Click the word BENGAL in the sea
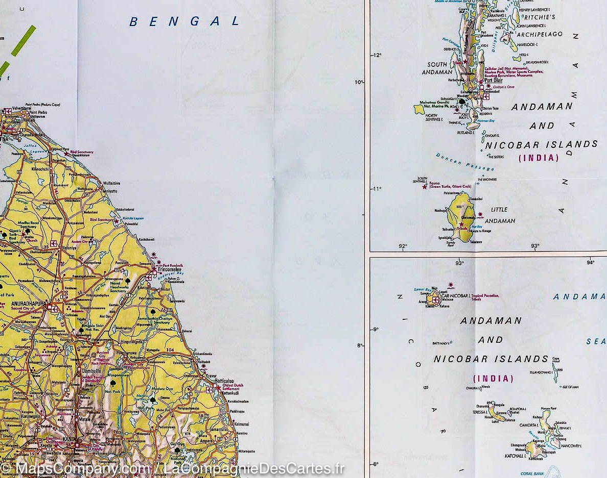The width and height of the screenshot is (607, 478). pos(184,21)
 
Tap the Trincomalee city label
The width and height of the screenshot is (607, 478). pos(172,269)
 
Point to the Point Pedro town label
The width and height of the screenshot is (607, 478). pos(38,112)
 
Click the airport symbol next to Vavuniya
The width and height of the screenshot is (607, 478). pos(53,243)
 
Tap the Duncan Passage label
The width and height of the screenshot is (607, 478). pos(465,162)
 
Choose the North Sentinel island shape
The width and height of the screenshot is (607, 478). pos(419,109)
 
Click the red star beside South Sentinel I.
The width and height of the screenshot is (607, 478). pos(425,187)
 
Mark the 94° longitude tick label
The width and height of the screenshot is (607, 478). pos(590,263)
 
